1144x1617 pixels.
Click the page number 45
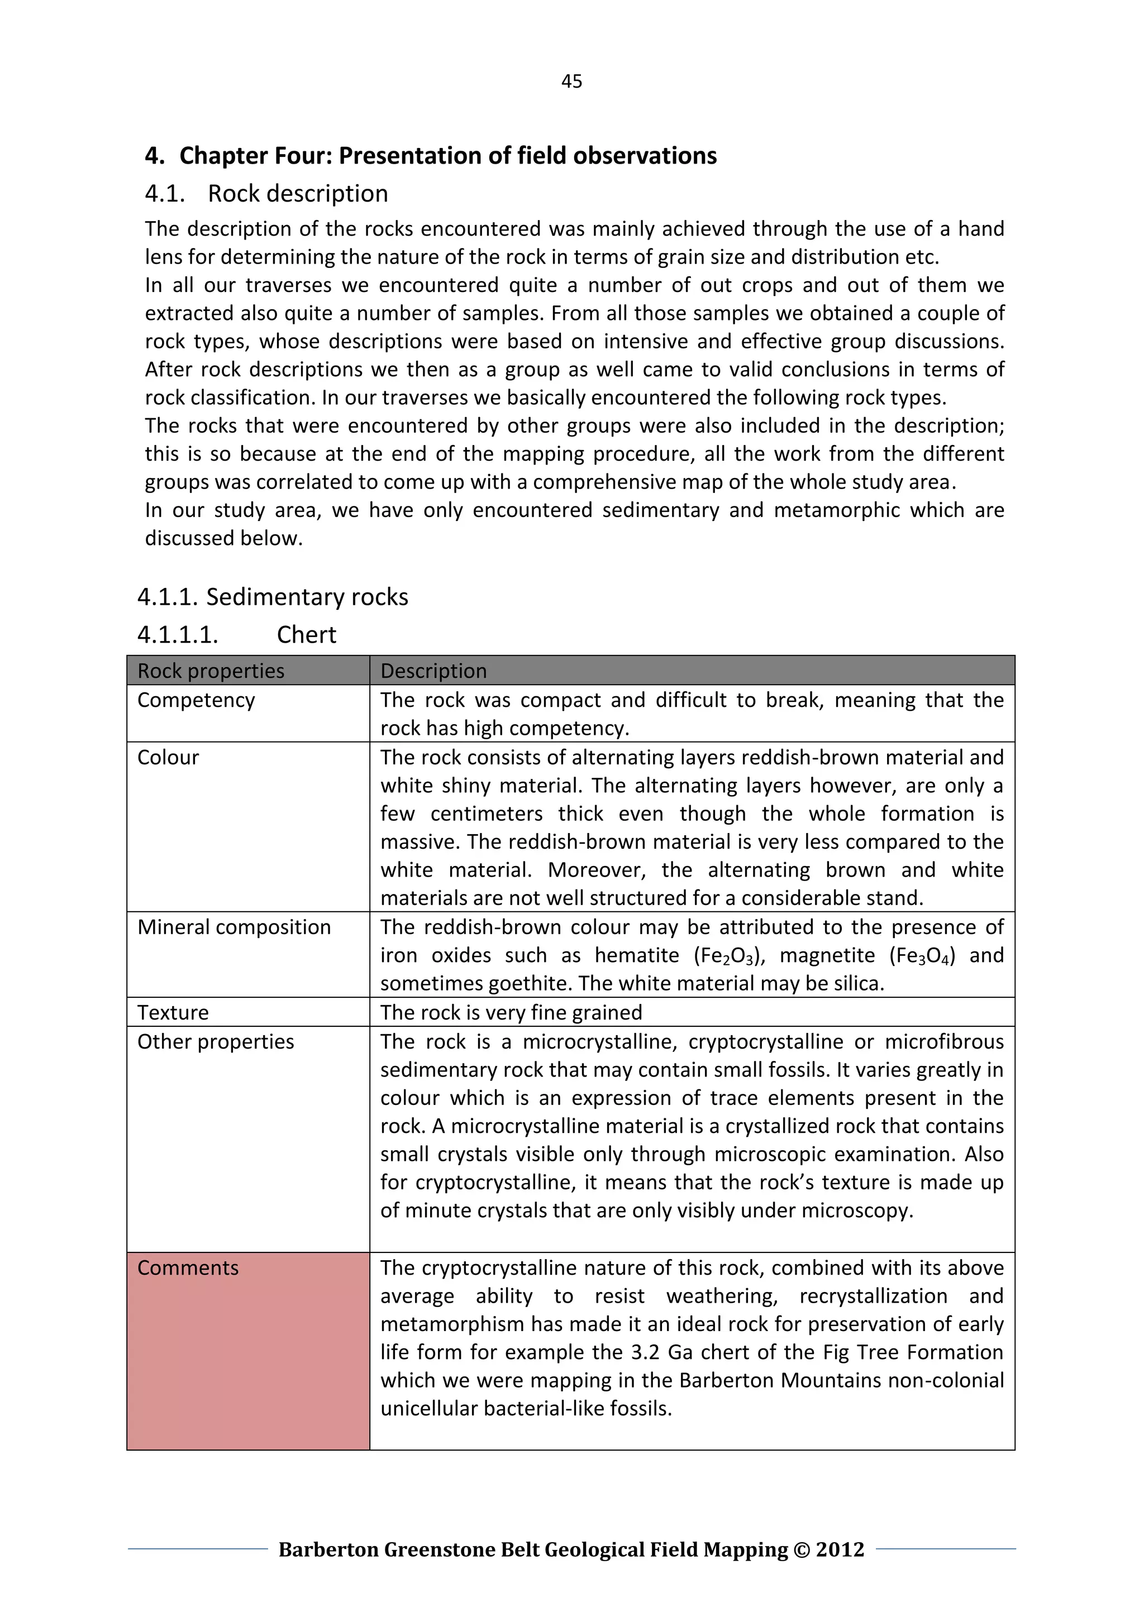click(x=571, y=82)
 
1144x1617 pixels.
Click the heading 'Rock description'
click(x=297, y=194)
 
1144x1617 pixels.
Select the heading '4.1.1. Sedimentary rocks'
click(x=273, y=597)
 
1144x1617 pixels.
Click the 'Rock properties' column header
click(x=211, y=671)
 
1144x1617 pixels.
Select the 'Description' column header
click(x=433, y=671)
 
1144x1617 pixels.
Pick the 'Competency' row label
click(x=196, y=700)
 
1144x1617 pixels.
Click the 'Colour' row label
click(x=168, y=757)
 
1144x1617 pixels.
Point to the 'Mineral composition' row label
click(x=234, y=927)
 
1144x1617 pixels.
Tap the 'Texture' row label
click(x=173, y=1012)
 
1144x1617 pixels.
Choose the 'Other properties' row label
click(x=216, y=1041)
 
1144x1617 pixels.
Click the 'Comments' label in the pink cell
click(x=188, y=1267)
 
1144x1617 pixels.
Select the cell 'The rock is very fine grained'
click(x=511, y=1012)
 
